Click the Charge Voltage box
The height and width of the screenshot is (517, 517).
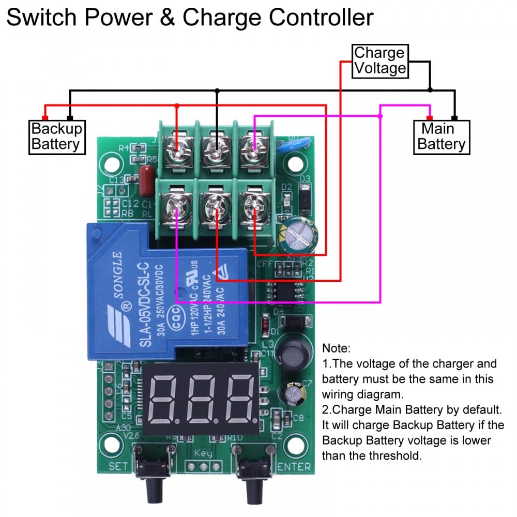point(379,61)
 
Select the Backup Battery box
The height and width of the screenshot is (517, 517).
point(56,136)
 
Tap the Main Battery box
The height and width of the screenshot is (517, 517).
point(442,137)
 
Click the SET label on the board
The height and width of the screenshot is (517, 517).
point(118,466)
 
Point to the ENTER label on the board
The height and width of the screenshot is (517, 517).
point(294,467)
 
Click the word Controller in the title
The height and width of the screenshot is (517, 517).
point(321,18)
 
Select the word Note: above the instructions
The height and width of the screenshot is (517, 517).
point(336,348)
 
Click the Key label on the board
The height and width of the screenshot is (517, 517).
point(203,454)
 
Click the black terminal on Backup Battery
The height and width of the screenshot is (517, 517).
point(70,117)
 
